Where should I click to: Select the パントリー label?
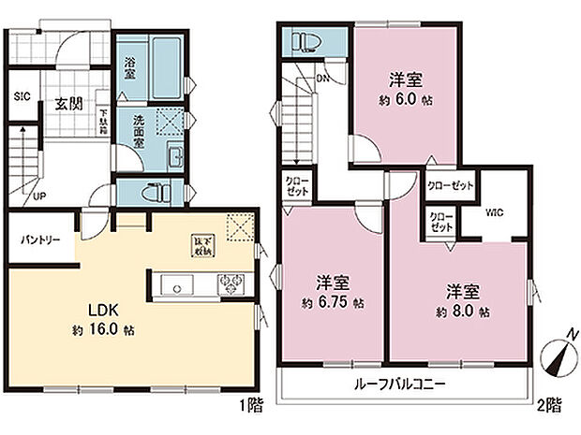42,240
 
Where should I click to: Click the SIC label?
22,95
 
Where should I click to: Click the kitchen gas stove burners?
231,283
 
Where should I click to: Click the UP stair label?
39,196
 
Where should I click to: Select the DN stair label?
321,80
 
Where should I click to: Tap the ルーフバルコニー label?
399,384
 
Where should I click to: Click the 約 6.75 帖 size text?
334,304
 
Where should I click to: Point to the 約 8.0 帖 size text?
463,312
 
